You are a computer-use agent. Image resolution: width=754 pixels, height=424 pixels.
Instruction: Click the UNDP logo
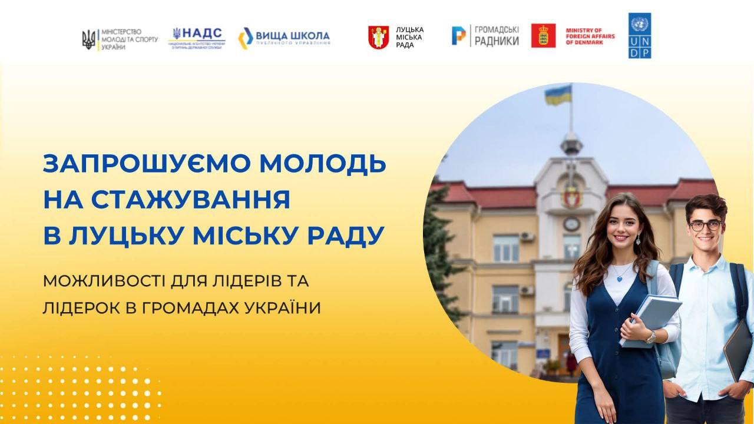pos(640,35)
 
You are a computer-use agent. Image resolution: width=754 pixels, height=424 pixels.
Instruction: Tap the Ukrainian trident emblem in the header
pos(88,39)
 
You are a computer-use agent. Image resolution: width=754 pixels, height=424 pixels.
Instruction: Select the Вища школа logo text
pos(292,37)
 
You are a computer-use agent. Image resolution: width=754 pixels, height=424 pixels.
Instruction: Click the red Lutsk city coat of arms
pos(378,37)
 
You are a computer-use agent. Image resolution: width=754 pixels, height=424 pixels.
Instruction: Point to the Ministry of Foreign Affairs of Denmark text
pos(590,35)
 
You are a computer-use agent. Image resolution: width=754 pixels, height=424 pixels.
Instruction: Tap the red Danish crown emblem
pos(543,35)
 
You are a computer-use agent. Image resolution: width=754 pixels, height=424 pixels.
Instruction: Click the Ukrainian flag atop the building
pos(558,94)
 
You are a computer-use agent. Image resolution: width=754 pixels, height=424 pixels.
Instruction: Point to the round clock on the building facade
pos(571,224)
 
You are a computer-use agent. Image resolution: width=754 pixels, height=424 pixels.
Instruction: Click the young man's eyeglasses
pos(705,225)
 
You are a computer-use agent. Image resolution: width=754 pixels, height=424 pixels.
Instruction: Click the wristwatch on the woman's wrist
pos(650,337)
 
